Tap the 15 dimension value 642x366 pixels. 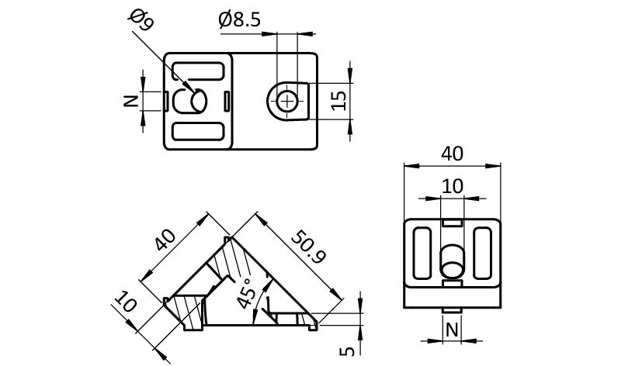click(339, 101)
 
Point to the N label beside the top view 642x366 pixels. click(131, 100)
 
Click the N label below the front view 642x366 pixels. click(451, 331)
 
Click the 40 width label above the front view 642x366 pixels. click(452, 153)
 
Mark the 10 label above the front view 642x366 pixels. click(452, 186)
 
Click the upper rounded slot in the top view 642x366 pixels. click(198, 70)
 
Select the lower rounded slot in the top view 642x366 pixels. click(198, 131)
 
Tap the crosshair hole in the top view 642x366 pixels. click(288, 101)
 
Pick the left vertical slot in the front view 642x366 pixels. click(423, 254)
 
